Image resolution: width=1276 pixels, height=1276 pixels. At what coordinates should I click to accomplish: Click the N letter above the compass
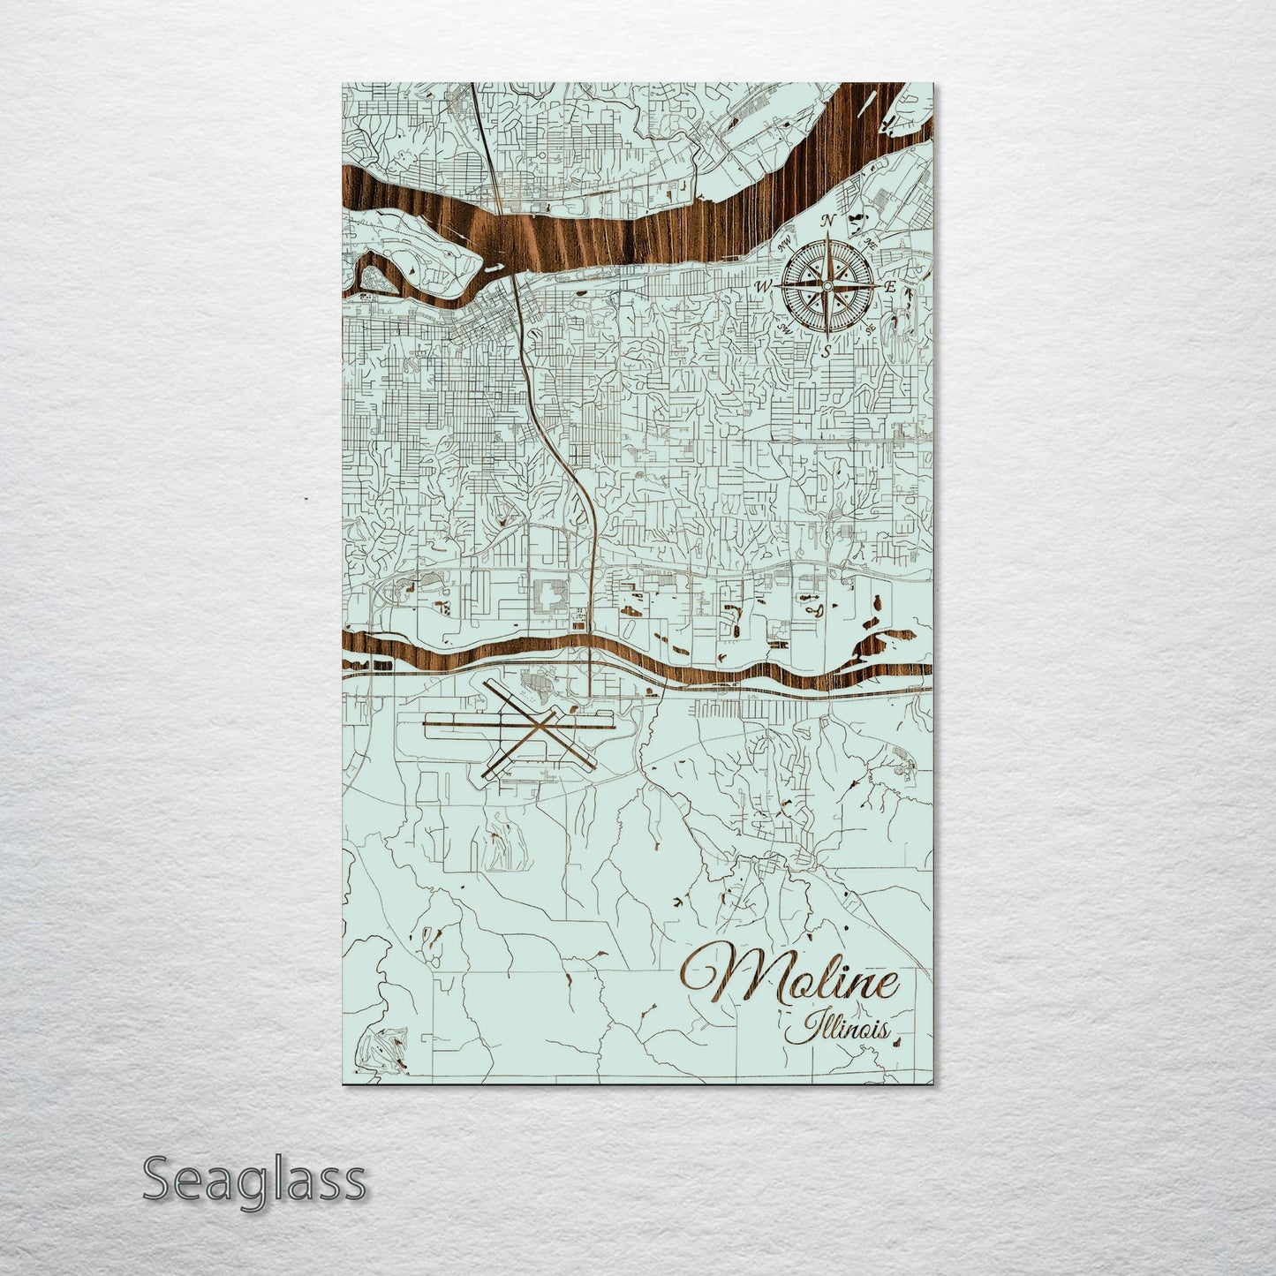tap(828, 221)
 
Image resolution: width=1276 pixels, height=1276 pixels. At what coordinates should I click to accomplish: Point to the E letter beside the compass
tap(891, 287)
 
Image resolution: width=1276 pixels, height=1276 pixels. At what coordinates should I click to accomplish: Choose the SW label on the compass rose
tap(784, 328)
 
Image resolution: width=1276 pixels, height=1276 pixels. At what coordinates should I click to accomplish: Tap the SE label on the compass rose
tap(871, 328)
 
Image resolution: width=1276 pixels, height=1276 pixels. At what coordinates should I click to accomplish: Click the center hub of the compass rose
tap(827, 285)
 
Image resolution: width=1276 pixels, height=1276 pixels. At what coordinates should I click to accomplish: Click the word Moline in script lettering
tap(790, 982)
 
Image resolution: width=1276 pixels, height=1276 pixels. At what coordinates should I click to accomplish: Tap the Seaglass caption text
tap(253, 1179)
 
